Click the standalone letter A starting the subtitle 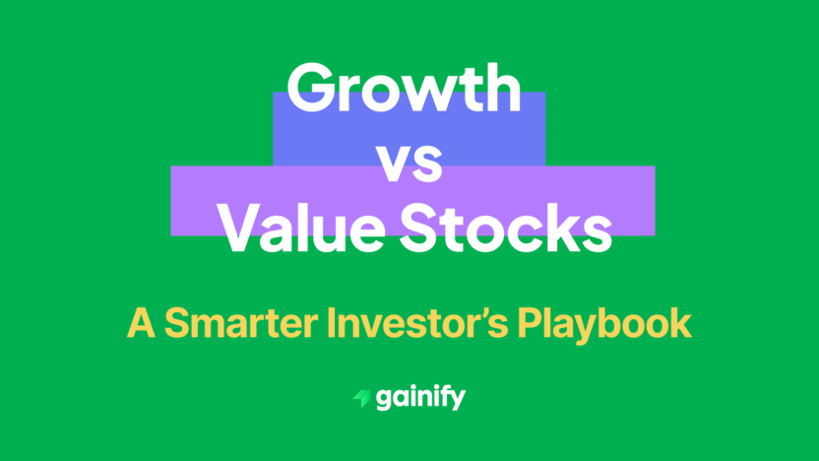tap(139, 323)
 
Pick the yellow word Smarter tap(228, 323)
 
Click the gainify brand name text tap(422, 399)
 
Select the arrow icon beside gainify tap(361, 399)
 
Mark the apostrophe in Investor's tap(494, 314)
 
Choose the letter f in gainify tap(443, 397)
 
